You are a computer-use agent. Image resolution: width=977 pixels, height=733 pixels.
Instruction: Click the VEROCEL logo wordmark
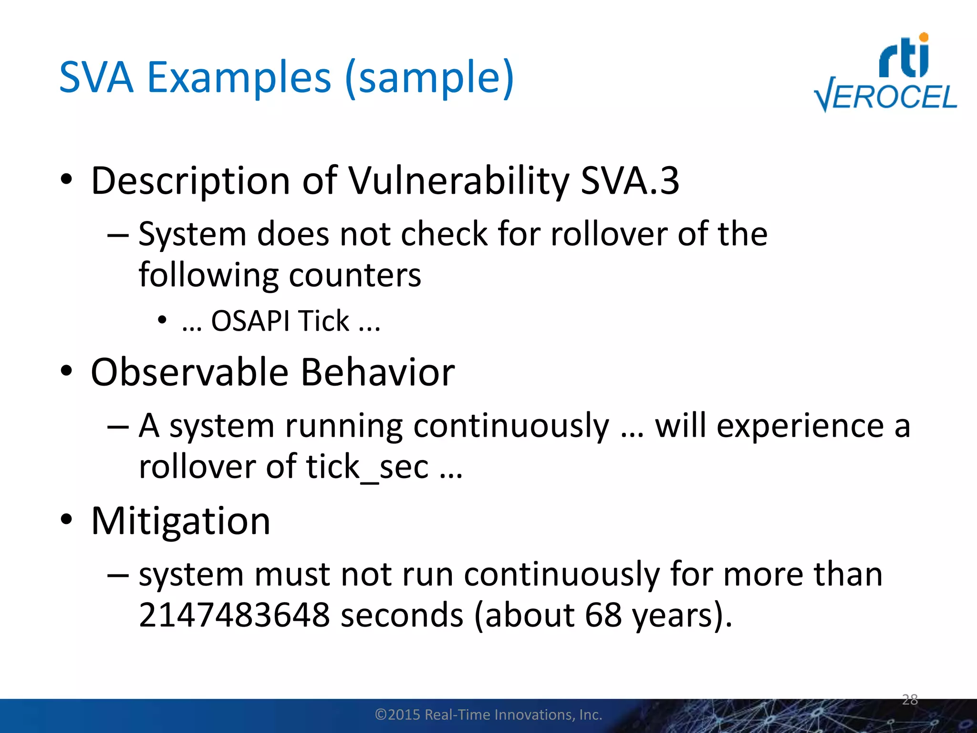click(885, 96)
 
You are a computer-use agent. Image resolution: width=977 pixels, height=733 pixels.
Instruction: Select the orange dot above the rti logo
click(924, 37)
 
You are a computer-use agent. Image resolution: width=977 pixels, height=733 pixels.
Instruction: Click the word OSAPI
click(250, 321)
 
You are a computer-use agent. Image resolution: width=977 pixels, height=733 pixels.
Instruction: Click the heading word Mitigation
click(181, 521)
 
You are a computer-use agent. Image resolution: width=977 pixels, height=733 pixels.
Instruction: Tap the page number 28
click(910, 700)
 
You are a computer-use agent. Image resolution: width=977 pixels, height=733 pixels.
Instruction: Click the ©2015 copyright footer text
click(488, 714)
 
